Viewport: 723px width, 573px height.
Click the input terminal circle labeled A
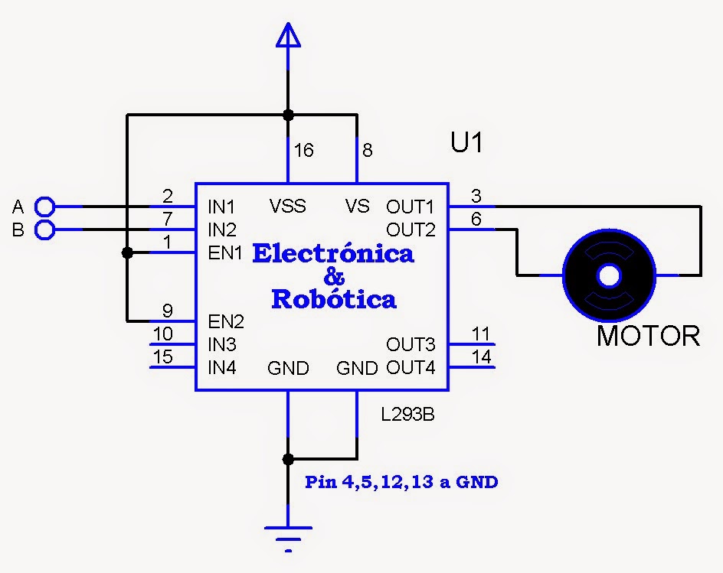click(x=45, y=206)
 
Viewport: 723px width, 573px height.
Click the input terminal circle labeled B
click(x=45, y=230)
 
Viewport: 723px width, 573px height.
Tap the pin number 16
click(x=303, y=151)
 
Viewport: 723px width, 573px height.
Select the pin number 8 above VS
click(x=368, y=151)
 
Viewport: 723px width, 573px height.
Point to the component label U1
click(x=466, y=143)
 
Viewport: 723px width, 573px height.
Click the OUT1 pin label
click(x=410, y=207)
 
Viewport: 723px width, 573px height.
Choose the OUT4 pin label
click(x=411, y=368)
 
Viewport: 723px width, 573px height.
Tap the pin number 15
click(x=163, y=356)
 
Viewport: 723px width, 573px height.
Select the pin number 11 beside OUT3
click(x=480, y=334)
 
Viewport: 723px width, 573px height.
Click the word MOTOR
click(x=648, y=336)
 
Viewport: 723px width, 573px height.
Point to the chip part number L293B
click(x=409, y=415)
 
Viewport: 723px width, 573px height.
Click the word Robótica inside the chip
click(x=334, y=299)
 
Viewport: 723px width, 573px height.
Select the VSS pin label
click(x=288, y=207)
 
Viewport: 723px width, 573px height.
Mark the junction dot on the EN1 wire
click(x=127, y=252)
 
